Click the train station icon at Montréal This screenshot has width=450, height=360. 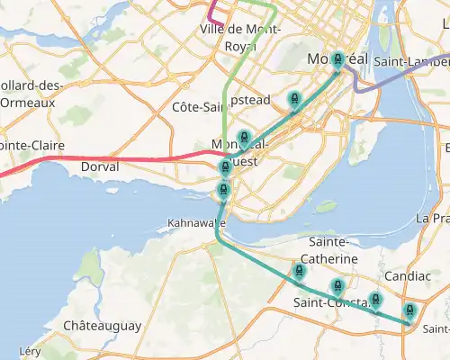click(337, 60)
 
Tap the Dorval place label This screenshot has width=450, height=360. click(100, 167)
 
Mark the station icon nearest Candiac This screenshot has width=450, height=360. click(375, 300)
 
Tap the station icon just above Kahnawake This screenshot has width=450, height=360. click(222, 188)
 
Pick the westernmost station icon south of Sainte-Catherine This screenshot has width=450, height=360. click(300, 271)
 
